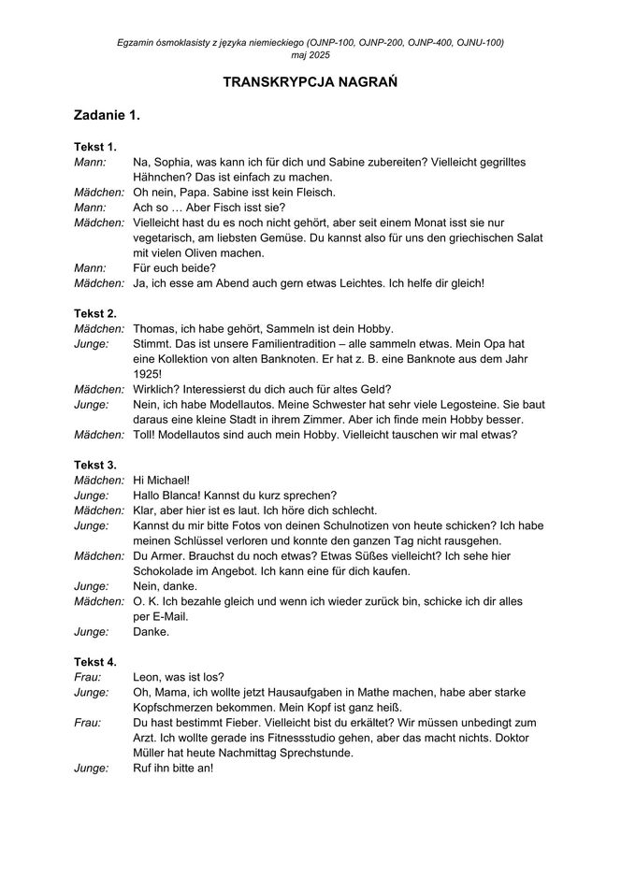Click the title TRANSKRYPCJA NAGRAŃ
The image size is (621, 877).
coord(310,83)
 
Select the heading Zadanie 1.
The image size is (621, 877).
coord(108,116)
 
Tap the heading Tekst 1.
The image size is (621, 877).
coord(95,147)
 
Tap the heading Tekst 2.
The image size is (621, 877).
coord(95,313)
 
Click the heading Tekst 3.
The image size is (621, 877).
coord(95,465)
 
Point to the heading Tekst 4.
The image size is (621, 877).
coord(95,662)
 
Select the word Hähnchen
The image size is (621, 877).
coord(161,177)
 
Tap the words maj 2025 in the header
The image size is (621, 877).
coord(310,55)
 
